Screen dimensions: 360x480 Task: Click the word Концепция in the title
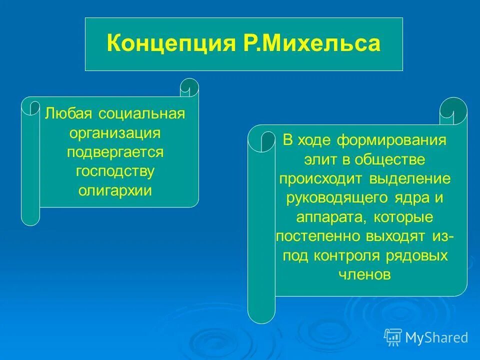(166, 44)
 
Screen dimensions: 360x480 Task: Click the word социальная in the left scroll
(141, 113)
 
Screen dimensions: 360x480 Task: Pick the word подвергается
(115, 152)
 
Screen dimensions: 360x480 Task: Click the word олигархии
(115, 190)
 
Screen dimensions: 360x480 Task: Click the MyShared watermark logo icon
(393, 337)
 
